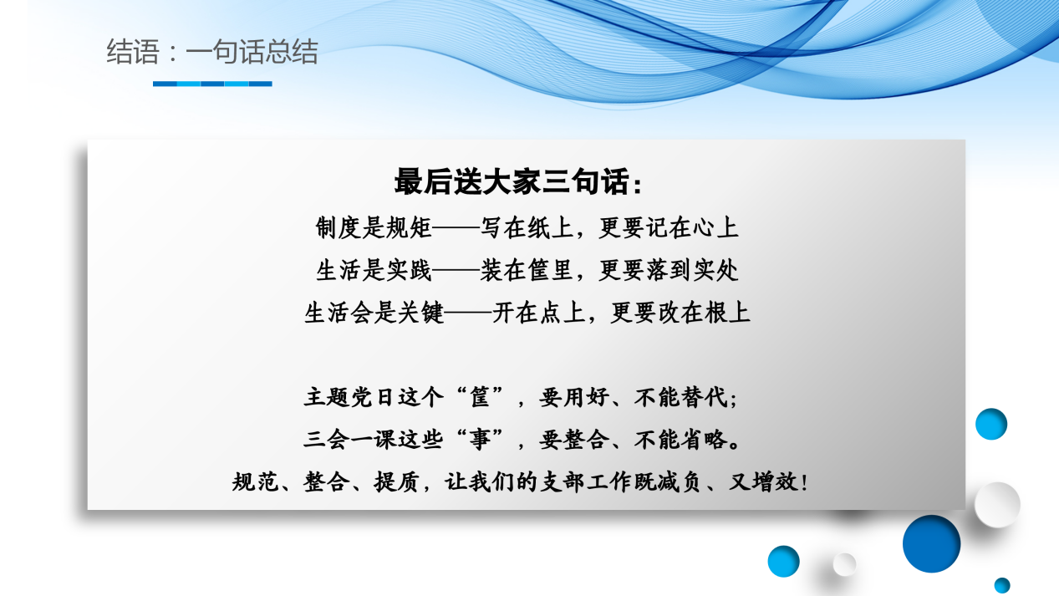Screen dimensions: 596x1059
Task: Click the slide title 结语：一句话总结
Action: pos(212,53)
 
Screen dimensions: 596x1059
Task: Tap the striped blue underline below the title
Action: pos(212,84)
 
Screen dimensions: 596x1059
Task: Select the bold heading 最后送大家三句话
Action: pos(518,182)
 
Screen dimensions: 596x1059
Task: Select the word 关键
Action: pos(424,313)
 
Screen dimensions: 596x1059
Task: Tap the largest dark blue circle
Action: pos(931,543)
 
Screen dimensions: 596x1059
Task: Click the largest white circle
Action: pos(997,505)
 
